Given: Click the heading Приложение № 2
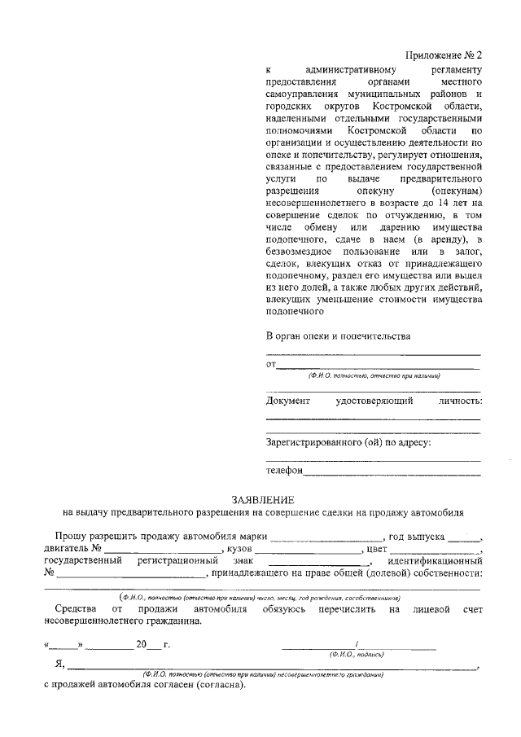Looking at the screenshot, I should click(x=444, y=56).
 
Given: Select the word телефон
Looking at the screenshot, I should click(x=284, y=471).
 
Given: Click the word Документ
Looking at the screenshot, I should click(x=288, y=401).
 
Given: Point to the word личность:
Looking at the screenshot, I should click(x=455, y=401).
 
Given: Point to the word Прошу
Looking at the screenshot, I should click(x=72, y=538).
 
